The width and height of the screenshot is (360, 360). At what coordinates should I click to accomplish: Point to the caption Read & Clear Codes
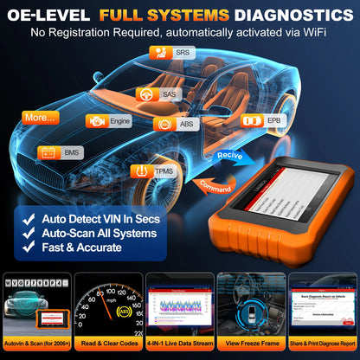click(108, 345)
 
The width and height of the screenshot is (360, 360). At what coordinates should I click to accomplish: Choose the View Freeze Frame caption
click(252, 345)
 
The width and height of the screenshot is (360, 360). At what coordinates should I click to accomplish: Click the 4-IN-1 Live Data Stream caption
click(179, 345)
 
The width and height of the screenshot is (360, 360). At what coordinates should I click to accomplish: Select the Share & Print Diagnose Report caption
click(323, 345)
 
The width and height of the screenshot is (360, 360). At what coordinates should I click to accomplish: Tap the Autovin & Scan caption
click(36, 345)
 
